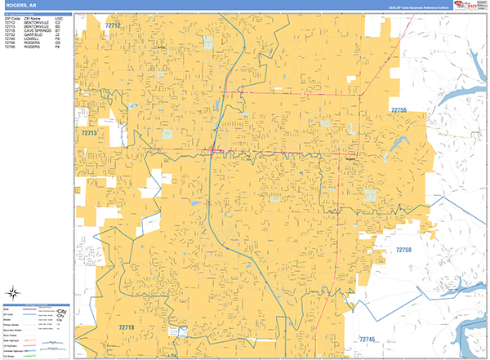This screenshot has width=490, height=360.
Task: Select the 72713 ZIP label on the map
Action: pos(89,132)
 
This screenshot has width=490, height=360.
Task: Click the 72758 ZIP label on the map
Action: pos(407,250)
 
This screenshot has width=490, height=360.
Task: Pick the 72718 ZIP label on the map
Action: pos(127,327)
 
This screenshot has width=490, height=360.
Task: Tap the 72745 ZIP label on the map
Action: pos(372,339)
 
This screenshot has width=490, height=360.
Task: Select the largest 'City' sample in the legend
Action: pos(60,310)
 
